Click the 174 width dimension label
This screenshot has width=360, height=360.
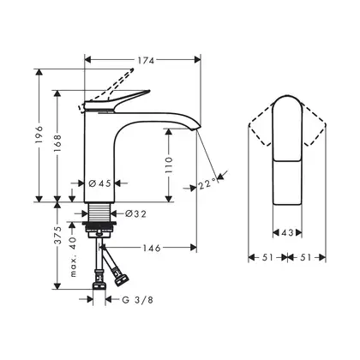click(x=146, y=60)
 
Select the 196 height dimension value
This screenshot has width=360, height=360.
click(x=39, y=135)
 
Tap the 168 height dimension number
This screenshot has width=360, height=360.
click(x=57, y=142)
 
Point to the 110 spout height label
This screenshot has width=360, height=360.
click(x=169, y=165)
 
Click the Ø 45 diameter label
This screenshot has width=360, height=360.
click(x=99, y=183)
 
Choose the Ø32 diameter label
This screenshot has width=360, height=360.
click(x=135, y=213)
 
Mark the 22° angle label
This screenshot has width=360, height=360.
click(x=207, y=183)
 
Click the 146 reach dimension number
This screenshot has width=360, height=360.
click(x=152, y=248)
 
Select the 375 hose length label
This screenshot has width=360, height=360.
click(x=57, y=236)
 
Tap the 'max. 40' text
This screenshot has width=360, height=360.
click(x=73, y=256)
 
